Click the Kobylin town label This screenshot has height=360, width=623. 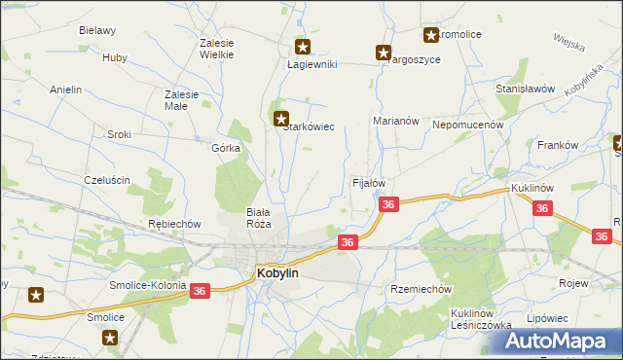(x=277, y=274)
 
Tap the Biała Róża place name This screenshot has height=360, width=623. (x=259, y=217)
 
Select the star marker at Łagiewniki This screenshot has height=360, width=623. (x=302, y=46)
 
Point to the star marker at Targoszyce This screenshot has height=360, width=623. (x=384, y=53)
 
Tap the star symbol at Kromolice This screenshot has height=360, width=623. (x=430, y=36)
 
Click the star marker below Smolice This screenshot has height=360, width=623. (x=110, y=338)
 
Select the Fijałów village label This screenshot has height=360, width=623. (x=369, y=183)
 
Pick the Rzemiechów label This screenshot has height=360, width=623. (x=421, y=289)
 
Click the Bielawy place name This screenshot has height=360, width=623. (x=97, y=30)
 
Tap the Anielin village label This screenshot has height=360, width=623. (x=66, y=90)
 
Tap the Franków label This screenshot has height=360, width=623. (x=558, y=145)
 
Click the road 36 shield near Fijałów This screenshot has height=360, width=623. (x=388, y=204)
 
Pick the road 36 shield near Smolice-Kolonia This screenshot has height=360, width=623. (x=200, y=290)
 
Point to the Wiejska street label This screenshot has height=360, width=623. (x=568, y=42)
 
